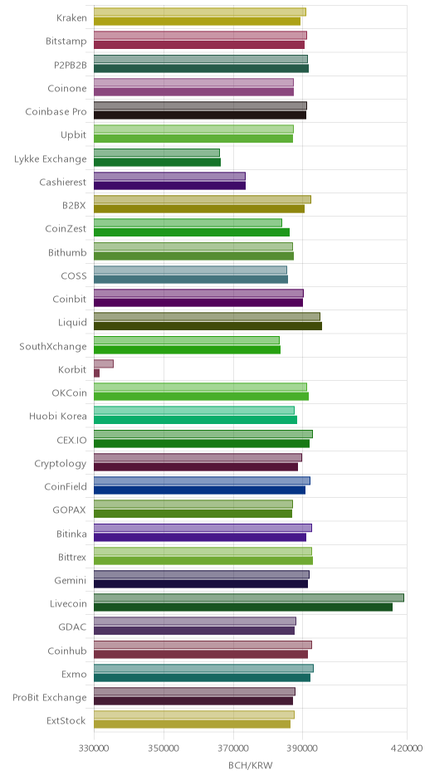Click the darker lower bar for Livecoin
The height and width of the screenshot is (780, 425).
(x=243, y=607)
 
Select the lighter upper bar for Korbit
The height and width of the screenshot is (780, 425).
(x=104, y=364)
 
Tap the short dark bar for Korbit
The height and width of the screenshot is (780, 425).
(x=96, y=373)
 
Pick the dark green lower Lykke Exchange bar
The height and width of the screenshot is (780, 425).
(x=157, y=162)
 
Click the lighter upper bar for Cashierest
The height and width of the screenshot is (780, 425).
(x=169, y=177)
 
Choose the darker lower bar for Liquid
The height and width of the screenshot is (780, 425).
(x=208, y=326)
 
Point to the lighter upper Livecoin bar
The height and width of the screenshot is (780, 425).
(x=249, y=598)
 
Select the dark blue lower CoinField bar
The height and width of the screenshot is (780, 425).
(x=199, y=490)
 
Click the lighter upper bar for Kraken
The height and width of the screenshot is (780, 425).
(x=200, y=12)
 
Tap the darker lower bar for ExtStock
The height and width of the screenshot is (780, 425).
(x=192, y=724)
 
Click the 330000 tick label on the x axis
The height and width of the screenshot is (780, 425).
(x=94, y=748)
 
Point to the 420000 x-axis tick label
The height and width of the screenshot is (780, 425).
(x=407, y=748)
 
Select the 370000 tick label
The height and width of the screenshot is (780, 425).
(x=233, y=748)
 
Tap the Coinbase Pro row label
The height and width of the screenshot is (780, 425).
(x=56, y=111)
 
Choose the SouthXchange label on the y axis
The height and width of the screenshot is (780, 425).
(x=53, y=346)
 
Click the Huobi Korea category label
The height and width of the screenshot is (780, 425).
(x=58, y=417)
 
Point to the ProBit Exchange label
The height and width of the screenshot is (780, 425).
(x=49, y=697)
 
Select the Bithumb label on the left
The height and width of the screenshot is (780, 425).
(x=67, y=253)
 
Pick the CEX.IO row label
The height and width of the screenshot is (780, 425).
(x=71, y=441)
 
